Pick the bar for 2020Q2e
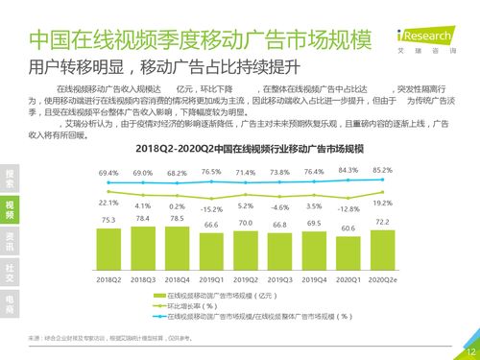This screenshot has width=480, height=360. pos(381,250)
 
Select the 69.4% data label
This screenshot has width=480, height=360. pos(108,173)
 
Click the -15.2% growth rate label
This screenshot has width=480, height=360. pos(211,208)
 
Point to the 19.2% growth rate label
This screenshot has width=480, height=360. pos(382,203)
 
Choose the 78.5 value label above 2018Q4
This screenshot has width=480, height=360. pos(177,218)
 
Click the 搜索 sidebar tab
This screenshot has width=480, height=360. pos(10,178)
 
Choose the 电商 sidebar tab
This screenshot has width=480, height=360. pos(10,304)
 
